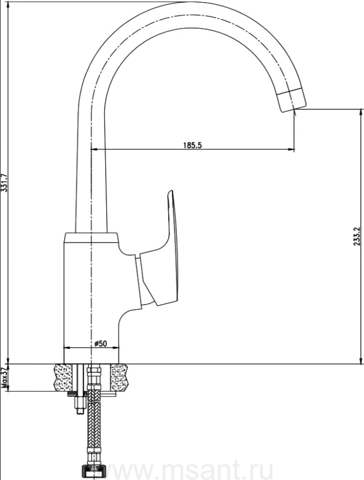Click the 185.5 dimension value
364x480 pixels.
pos(193,145)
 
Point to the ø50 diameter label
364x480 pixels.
pos(100,343)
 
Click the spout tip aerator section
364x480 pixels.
pos(292,99)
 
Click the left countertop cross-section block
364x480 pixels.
pos(65,377)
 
